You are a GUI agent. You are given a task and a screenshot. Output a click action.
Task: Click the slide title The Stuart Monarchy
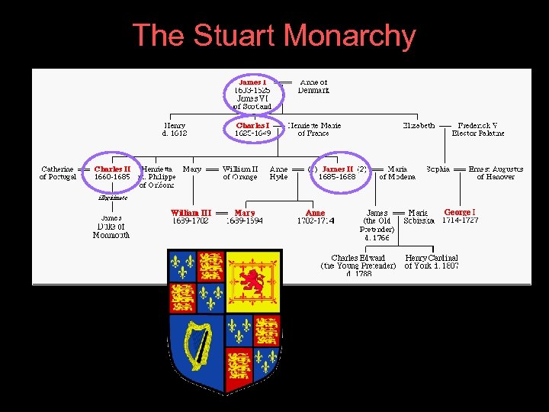coord(274,36)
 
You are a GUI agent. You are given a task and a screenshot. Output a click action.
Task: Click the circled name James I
coord(252,82)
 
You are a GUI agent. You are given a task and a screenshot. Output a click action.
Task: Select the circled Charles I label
coord(252,125)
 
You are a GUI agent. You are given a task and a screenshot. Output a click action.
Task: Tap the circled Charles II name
coord(112,169)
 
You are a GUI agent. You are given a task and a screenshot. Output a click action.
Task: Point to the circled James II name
coord(337,169)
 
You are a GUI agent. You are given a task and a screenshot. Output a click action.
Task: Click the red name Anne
coord(315,213)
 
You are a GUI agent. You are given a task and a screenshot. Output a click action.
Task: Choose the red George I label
coord(460,212)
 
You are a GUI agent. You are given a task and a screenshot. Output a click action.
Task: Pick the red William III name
coord(191,213)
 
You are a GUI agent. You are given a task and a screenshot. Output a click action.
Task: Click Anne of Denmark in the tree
coord(313,85)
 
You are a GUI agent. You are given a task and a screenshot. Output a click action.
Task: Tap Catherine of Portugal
coord(58,172)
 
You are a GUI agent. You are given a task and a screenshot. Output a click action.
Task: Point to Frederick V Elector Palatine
coord(477,129)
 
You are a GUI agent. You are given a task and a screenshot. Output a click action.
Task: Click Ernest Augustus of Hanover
coord(496,172)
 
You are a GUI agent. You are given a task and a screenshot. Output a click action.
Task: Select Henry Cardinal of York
coord(432,262)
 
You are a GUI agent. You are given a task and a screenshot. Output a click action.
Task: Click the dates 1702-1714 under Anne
coord(315,221)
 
